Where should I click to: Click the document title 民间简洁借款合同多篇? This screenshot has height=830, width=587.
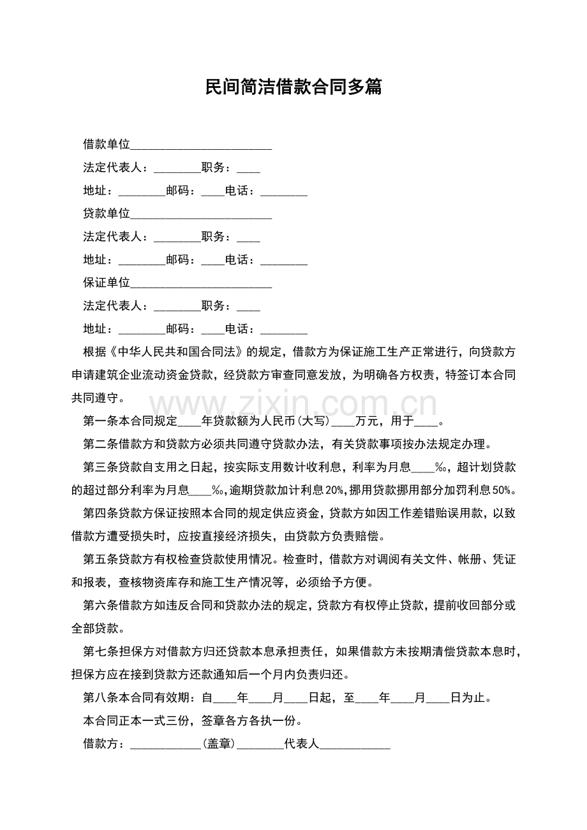[293, 87]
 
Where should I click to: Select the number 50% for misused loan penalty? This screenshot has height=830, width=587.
[503, 490]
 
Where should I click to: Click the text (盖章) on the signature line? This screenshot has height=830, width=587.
[219, 743]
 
